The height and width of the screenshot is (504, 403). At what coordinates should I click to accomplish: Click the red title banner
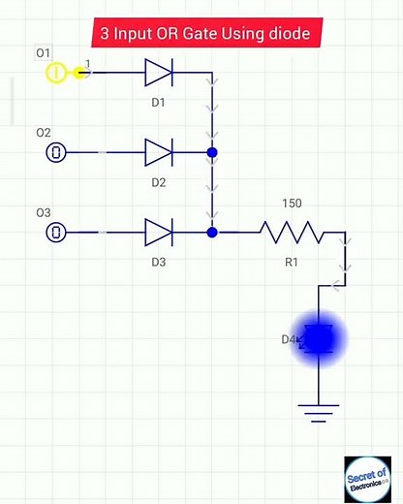click(205, 34)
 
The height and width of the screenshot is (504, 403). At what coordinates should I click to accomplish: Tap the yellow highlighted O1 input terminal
click(56, 72)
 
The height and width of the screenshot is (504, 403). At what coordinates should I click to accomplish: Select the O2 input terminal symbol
click(57, 152)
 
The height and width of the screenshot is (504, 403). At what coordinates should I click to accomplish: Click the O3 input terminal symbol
click(57, 233)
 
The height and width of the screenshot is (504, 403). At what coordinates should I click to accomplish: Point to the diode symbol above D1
click(158, 72)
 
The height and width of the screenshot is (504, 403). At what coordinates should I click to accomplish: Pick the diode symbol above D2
click(158, 152)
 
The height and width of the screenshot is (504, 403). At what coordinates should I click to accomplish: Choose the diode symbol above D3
click(158, 233)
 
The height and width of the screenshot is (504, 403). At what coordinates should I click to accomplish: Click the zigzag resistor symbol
click(291, 233)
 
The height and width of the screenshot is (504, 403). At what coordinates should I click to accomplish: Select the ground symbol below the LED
click(318, 413)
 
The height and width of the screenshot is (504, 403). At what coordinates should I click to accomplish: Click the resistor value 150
click(292, 205)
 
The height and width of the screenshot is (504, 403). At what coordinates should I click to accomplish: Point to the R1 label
click(292, 262)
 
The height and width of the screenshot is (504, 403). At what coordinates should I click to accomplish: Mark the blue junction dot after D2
click(212, 152)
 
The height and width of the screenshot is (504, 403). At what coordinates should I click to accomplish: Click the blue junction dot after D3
click(212, 233)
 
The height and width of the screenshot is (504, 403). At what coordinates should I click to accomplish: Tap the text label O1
click(44, 51)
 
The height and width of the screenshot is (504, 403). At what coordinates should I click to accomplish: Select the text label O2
click(44, 132)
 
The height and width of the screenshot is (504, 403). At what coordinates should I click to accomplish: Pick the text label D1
click(158, 101)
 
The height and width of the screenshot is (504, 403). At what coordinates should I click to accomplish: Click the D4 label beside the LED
click(290, 339)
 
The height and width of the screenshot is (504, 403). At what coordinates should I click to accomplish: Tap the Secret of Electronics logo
click(367, 479)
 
